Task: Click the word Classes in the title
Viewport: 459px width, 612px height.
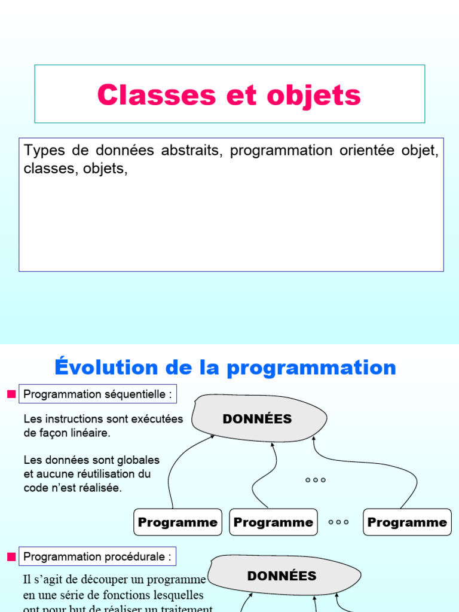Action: click(146, 95)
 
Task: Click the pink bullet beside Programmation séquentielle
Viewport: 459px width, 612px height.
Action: click(11, 394)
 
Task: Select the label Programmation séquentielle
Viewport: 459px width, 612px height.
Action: click(97, 394)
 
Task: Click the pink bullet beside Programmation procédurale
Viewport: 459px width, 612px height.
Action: click(11, 557)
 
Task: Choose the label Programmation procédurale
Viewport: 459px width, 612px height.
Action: click(97, 557)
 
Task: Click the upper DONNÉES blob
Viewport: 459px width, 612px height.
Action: click(258, 418)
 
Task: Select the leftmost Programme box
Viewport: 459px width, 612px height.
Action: click(178, 522)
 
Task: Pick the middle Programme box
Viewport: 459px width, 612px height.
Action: click(273, 522)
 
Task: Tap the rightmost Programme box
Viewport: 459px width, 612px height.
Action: click(407, 522)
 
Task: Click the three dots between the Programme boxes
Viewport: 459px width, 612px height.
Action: click(339, 522)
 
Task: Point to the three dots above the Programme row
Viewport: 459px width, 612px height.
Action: click(315, 480)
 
